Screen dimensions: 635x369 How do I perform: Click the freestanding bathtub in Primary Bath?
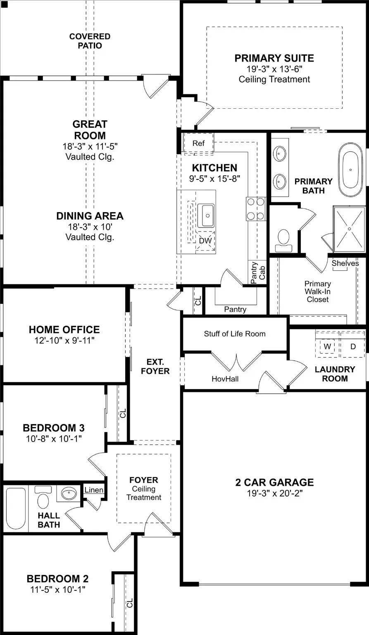pyautogui.click(x=350, y=173)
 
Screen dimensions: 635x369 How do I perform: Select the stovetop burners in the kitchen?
pyautogui.click(x=255, y=209)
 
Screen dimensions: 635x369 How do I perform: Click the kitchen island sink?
pyautogui.click(x=205, y=215)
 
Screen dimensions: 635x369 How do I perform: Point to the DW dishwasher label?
pyautogui.click(x=205, y=241)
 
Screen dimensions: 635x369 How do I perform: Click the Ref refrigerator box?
pyautogui.click(x=198, y=143)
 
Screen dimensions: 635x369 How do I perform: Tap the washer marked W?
pyautogui.click(x=327, y=346)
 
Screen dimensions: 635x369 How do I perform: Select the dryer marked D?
pyautogui.click(x=353, y=346)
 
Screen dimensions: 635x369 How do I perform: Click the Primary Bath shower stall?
pyautogui.click(x=349, y=229)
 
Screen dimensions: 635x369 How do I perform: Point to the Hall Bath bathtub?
pyautogui.click(x=16, y=509)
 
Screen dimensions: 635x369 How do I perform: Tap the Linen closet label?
pyautogui.click(x=94, y=490)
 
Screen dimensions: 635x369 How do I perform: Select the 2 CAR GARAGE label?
pyautogui.click(x=274, y=482)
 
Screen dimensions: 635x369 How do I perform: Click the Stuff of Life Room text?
pyautogui.click(x=235, y=334)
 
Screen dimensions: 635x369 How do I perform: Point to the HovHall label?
pyautogui.click(x=225, y=378)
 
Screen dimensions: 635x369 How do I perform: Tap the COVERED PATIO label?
pyautogui.click(x=90, y=41)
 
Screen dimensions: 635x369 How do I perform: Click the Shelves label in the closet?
pyautogui.click(x=345, y=263)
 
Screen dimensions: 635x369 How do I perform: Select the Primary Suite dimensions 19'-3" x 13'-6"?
pyautogui.click(x=274, y=69)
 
